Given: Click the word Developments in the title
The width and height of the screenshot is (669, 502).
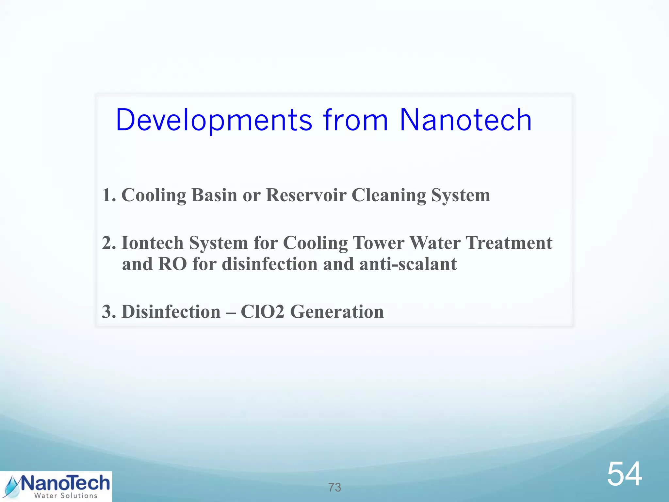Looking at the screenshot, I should point(214,120).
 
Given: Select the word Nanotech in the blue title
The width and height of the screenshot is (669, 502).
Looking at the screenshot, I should point(465,120).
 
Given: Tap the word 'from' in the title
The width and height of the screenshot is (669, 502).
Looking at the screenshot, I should point(356,120).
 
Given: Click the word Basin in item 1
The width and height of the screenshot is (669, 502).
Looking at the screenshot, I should point(214,195).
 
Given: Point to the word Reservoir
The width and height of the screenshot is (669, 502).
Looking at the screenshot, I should point(306,195).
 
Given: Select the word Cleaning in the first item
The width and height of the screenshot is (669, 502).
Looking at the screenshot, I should point(389,196).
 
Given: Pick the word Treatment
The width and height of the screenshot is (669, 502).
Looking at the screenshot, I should point(509,243).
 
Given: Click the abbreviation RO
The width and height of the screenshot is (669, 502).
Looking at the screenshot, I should point(172,264).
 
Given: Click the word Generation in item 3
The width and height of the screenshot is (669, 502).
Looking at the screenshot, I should point(337,311).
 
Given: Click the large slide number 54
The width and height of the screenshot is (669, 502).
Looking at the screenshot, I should point(624,474).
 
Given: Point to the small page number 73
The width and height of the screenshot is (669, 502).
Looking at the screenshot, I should point(334,487).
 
